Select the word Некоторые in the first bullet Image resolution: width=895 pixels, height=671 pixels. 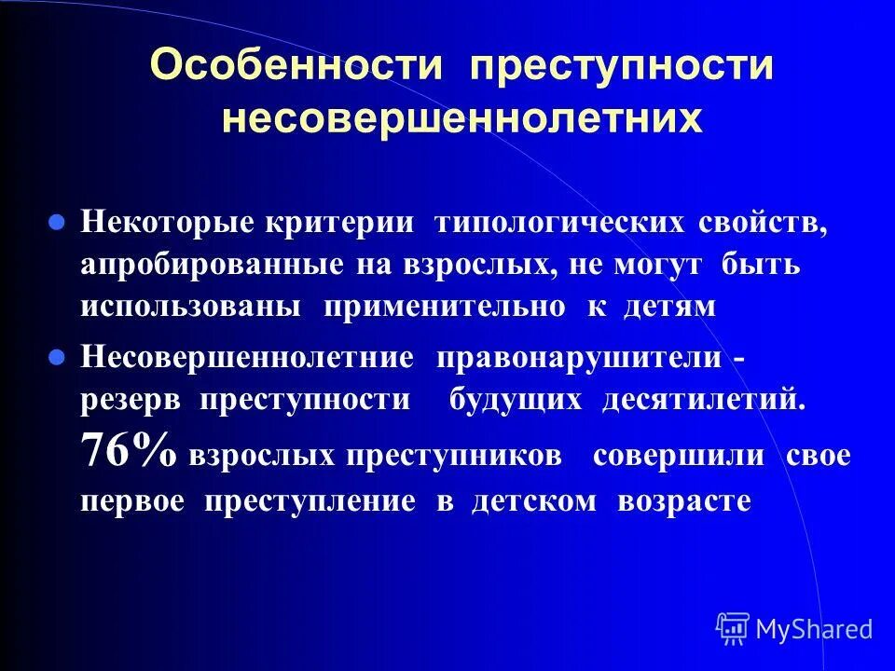click(167, 225)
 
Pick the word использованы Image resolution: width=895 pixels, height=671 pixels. click(190, 308)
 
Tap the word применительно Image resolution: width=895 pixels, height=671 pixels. click(444, 308)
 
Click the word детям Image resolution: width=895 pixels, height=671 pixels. click(668, 308)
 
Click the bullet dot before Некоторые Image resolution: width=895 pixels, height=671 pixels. click(56, 225)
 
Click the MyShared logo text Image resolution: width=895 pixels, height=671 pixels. click(814, 629)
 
